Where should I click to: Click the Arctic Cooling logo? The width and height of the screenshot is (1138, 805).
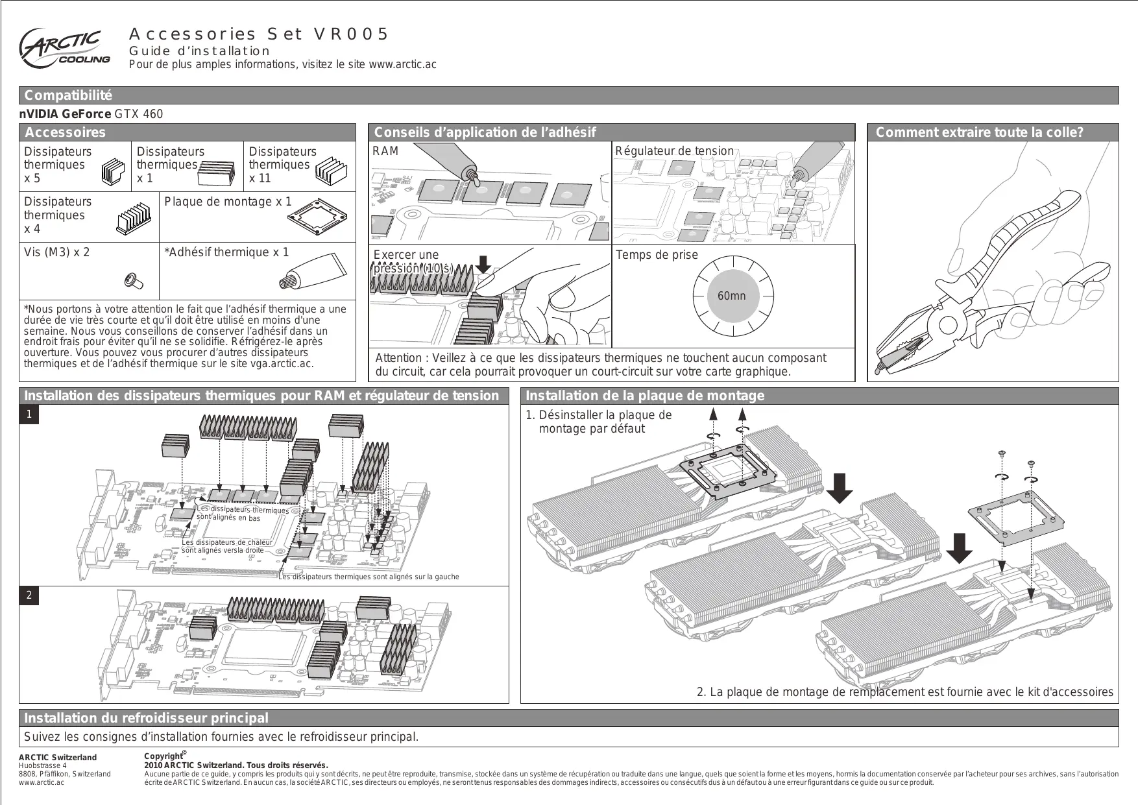[x=64, y=48]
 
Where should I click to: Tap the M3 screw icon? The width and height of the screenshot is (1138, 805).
[x=133, y=281]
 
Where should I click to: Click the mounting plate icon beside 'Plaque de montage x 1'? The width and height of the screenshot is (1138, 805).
[x=322, y=220]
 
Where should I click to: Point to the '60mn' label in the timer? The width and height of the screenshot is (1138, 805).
[x=731, y=296]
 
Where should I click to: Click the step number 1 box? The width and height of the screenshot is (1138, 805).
[x=29, y=414]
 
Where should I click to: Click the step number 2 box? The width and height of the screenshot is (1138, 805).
[x=29, y=595]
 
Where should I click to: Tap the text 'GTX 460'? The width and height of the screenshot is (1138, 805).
[x=139, y=114]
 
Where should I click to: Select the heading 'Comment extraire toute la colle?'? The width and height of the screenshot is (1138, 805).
[x=979, y=132]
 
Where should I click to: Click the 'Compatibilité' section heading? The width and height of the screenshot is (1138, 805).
[x=68, y=95]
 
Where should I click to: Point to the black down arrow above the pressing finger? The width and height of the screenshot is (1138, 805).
[x=483, y=264]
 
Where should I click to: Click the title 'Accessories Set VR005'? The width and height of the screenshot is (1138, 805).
[x=259, y=34]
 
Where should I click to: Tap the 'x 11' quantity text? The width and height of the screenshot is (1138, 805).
[x=260, y=178]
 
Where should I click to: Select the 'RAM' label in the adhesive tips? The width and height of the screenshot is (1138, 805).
[x=385, y=151]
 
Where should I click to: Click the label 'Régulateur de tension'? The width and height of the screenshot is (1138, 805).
[x=674, y=151]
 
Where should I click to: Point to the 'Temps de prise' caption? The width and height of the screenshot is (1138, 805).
[x=657, y=255]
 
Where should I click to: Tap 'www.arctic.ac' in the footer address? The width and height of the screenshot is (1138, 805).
[x=42, y=782]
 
